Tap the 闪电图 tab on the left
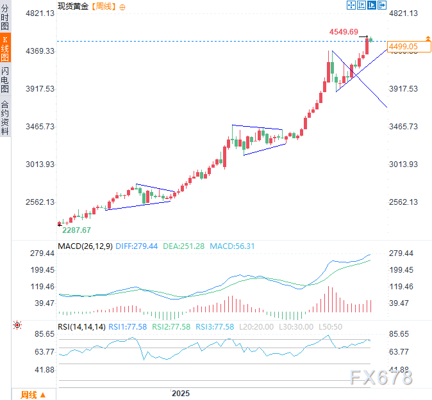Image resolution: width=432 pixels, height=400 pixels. (x=5, y=79)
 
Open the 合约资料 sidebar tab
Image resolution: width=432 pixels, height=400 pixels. (x=5, y=117)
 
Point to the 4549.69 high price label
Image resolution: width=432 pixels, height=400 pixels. (x=344, y=31)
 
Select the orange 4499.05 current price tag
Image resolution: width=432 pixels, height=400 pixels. (x=403, y=47)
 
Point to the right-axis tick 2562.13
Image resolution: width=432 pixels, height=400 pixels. (x=404, y=202)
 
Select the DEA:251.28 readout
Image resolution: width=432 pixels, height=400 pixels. (x=183, y=246)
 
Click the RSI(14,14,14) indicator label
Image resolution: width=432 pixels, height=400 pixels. (x=81, y=326)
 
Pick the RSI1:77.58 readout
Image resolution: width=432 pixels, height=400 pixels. (x=129, y=326)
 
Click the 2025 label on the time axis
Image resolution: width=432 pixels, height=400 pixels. (x=181, y=393)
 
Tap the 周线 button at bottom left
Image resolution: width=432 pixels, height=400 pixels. (x=33, y=394)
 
